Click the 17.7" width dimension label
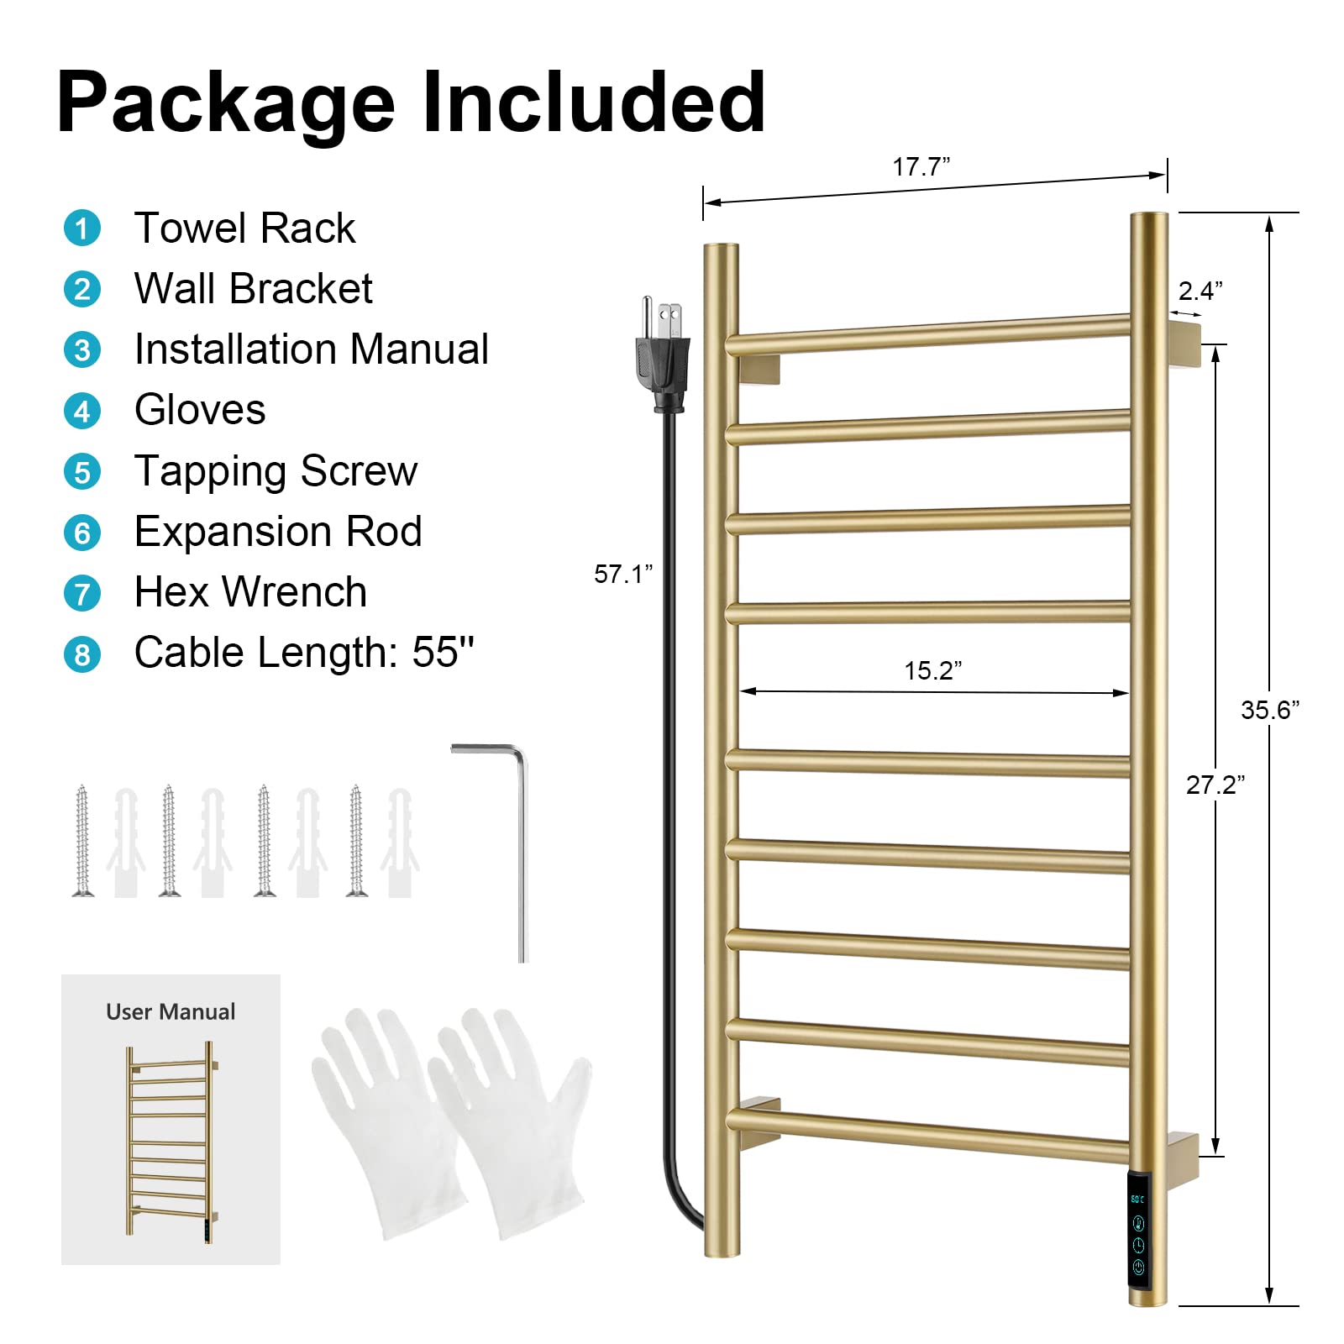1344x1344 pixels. pos(921,166)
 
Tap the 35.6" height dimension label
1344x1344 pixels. pos(1269,711)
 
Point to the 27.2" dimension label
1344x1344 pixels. pos(1215,785)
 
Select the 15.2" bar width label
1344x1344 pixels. pos(932,670)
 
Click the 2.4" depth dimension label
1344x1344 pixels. pos(1200,291)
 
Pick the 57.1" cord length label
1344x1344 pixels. pos(622,574)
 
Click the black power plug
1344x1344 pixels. pos(664,357)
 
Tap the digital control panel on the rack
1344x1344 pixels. pos(1138,1234)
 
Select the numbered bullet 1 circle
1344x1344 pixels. pos(82,228)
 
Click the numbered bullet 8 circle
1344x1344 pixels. pos(82,654)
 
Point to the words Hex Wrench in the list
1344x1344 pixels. pos(250,592)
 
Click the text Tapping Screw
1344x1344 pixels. pos(276,470)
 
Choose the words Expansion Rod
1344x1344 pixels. pos(278,532)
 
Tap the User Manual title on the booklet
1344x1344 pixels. pos(171,1011)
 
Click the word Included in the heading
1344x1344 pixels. pos(593,102)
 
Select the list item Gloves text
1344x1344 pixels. pos(200,410)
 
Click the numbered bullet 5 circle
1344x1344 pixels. pos(82,472)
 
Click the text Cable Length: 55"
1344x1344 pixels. pos(304,653)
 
